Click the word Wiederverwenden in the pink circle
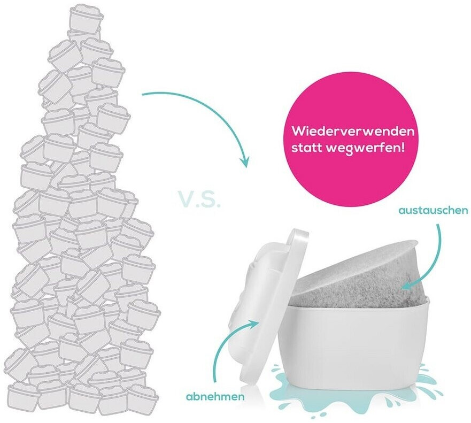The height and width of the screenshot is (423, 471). pos(353,131)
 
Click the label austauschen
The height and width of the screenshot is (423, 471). pos(433,211)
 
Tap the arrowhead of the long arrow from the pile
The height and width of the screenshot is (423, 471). pos(245,160)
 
